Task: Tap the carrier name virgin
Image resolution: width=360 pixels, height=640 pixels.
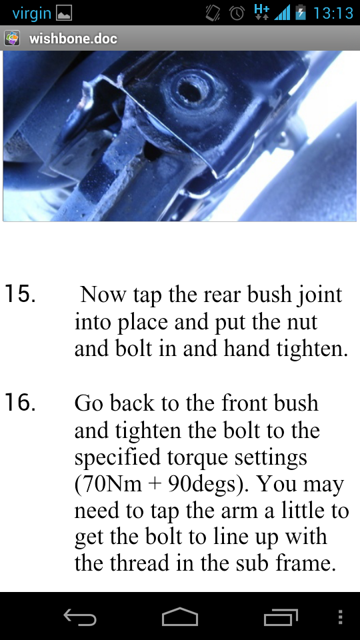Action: pos(32,13)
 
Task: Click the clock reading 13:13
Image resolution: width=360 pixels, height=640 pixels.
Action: pos(333,13)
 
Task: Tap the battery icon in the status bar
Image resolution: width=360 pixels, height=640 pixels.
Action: pos(301,13)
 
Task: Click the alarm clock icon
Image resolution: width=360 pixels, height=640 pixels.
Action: pos(237,13)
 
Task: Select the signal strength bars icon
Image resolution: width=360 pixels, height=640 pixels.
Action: pos(282,13)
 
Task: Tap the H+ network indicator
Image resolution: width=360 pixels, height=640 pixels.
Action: pos(261,12)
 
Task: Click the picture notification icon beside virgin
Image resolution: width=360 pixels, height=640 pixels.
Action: pos(63,13)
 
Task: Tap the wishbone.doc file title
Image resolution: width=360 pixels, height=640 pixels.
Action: pos(73,39)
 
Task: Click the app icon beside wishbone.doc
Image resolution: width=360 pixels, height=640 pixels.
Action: pos(12,39)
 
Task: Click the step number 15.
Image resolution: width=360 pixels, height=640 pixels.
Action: pos(19,294)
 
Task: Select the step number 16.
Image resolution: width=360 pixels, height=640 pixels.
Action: pos(19,403)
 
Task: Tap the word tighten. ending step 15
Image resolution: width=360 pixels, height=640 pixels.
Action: pos(312,349)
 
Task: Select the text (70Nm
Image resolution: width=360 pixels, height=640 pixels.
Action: pos(108,485)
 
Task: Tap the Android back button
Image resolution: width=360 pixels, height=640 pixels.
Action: pos(80,617)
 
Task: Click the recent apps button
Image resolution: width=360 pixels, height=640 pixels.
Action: pos(281,617)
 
